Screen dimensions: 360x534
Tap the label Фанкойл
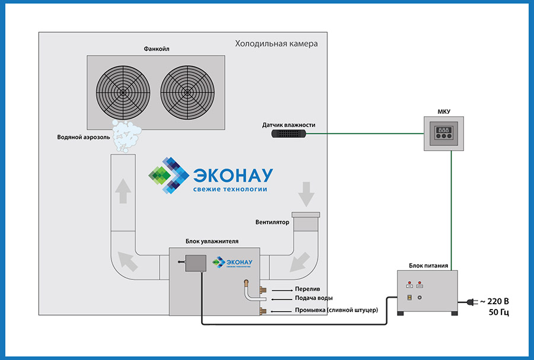155,49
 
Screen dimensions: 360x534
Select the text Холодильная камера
276,44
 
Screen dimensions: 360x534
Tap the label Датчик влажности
288,125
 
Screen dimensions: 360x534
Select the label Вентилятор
272,223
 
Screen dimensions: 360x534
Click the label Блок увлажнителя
212,241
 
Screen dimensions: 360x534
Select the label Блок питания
428,266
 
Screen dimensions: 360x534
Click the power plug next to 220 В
469,301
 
